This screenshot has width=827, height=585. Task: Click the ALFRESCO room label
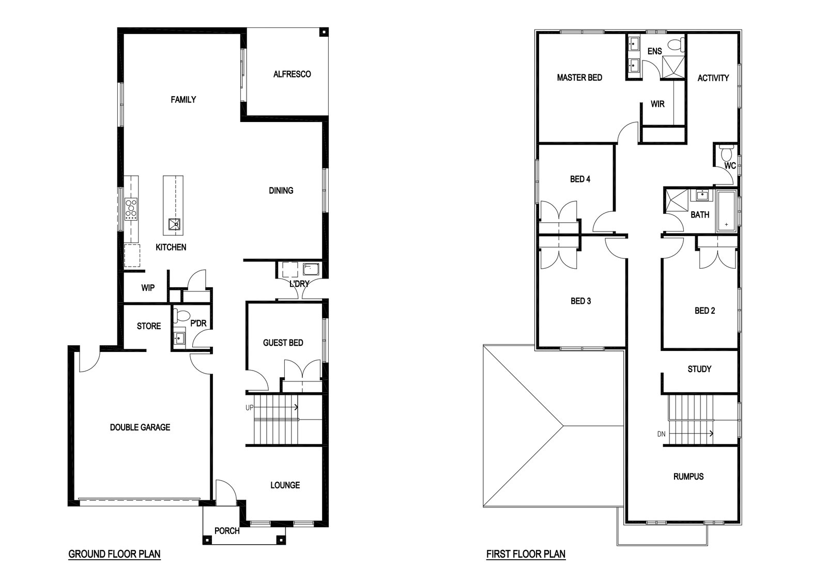coord(292,74)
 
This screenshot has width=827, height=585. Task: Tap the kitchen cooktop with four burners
coord(131,209)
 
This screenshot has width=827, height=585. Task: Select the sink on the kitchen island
coord(175,224)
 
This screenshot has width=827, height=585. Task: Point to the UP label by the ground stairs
coord(250,407)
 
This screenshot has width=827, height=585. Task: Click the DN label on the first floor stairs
coord(661,434)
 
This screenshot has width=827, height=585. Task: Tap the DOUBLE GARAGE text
coord(140,427)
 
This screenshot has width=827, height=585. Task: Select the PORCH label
coord(227,531)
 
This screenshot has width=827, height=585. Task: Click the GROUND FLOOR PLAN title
coord(114,554)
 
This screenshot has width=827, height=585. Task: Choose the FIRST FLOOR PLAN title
coord(526,554)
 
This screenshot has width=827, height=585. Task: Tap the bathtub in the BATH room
coord(726,211)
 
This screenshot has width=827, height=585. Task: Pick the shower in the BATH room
coord(677,201)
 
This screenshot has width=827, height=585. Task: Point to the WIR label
coord(657,104)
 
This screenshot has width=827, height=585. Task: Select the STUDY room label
coord(700,369)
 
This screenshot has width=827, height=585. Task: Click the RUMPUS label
coord(688,476)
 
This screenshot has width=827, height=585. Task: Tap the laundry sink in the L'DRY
coord(311,269)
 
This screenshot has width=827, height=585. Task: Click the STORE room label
coord(149,326)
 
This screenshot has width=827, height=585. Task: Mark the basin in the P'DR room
coord(179,337)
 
